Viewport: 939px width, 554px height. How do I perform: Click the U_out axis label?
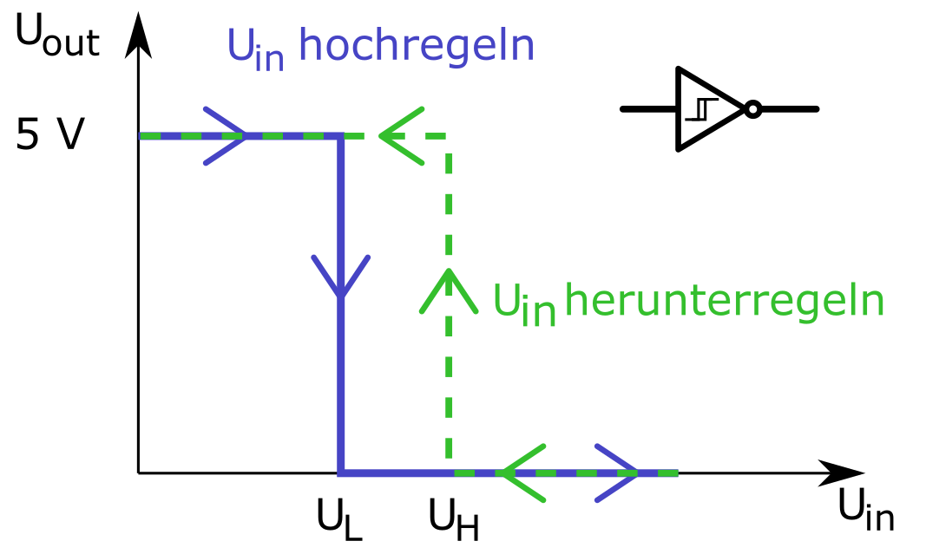[57, 38]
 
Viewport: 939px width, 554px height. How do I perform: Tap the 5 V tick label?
[50, 137]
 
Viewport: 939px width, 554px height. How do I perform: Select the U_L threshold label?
[339, 519]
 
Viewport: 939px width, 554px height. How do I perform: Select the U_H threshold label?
[454, 519]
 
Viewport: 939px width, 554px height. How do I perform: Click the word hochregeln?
[416, 47]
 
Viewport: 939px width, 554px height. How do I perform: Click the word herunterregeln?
[724, 302]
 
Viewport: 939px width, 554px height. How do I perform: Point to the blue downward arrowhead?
[341, 277]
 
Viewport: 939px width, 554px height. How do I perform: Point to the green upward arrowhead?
[449, 290]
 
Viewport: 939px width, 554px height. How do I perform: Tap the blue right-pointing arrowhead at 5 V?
[227, 136]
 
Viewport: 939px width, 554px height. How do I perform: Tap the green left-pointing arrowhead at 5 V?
[399, 136]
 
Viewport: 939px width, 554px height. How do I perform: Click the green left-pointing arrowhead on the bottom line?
[520, 473]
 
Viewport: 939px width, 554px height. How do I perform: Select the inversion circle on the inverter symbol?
[753, 109]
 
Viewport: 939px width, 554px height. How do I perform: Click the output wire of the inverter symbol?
[790, 109]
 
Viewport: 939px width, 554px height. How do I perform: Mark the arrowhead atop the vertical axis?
[138, 35]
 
